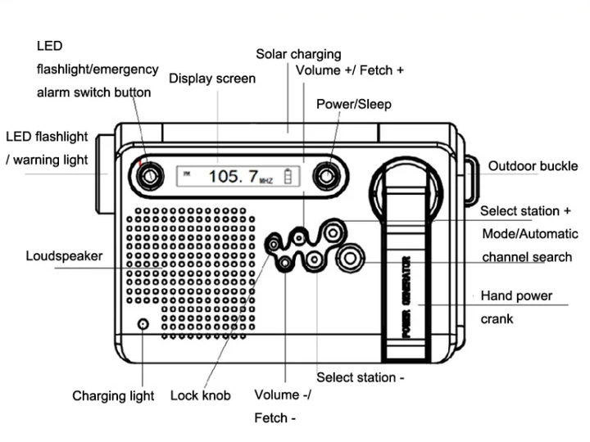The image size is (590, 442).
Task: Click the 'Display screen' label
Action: pyautogui.click(x=212, y=79)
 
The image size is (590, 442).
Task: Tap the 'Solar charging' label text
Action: pyautogui.click(x=298, y=54)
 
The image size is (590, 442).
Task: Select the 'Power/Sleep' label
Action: pyautogui.click(x=354, y=104)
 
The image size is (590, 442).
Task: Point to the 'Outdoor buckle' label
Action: pyautogui.click(x=533, y=166)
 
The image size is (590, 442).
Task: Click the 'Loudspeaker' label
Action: pyautogui.click(x=64, y=255)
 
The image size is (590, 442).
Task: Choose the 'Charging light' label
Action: pyautogui.click(x=113, y=396)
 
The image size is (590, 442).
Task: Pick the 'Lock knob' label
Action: pyautogui.click(x=200, y=395)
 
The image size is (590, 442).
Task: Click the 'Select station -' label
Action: pyautogui.click(x=361, y=377)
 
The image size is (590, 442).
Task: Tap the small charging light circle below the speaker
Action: pyautogui.click(x=143, y=324)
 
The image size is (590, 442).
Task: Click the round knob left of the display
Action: pyautogui.click(x=147, y=175)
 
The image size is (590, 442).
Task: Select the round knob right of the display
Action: pyautogui.click(x=327, y=175)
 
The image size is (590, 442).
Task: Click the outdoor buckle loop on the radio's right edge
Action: pyautogui.click(x=471, y=180)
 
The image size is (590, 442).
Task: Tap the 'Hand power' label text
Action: pyautogui.click(x=516, y=295)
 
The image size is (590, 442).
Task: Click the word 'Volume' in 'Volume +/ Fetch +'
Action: pyautogui.click(x=317, y=70)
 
